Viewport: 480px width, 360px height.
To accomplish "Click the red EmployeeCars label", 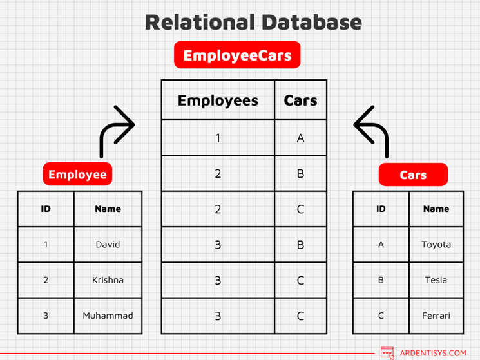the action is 237,55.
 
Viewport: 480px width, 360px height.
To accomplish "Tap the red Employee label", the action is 77,174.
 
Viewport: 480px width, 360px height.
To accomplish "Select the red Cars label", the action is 413,175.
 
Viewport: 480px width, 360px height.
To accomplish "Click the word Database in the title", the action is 307,22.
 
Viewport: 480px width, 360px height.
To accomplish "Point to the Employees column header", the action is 218,100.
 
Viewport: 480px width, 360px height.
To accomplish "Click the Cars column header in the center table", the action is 300,100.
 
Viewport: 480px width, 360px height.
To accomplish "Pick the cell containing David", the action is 108,245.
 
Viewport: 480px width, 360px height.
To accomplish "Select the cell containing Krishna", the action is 108,280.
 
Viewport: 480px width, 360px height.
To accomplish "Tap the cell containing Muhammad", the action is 108,316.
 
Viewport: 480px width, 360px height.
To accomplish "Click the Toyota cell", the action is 436,245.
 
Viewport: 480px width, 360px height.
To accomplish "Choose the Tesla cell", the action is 436,280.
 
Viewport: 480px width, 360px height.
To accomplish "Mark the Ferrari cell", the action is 436,316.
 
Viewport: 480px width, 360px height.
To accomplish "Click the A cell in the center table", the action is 300,138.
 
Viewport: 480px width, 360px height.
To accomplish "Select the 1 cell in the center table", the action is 218,138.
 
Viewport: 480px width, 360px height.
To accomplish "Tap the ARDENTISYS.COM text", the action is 432,353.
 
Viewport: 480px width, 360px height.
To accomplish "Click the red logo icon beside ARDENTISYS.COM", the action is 387,353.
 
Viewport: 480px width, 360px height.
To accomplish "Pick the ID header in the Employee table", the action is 46,209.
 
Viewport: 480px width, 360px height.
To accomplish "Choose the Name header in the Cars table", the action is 436,209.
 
